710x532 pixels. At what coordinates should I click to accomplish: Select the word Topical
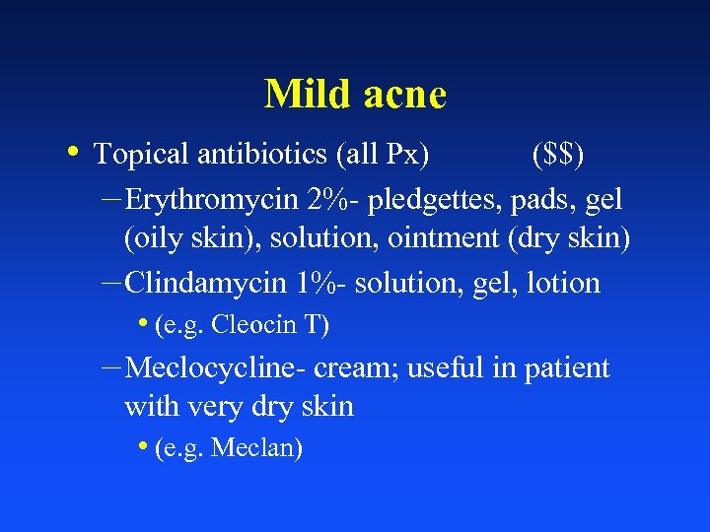[x=141, y=154]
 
